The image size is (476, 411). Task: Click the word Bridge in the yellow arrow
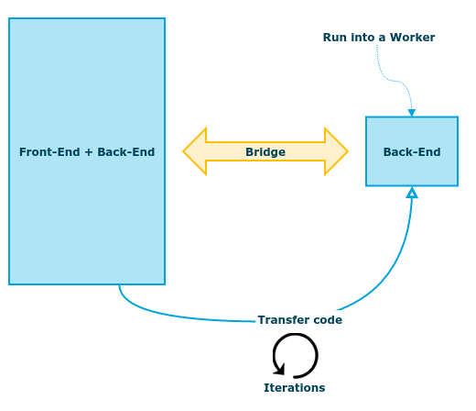[265, 152]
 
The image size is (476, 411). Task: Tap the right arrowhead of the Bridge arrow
[336, 151]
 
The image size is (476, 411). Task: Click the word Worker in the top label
[413, 38]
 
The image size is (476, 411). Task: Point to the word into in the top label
[363, 38]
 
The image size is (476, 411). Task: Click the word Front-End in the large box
[49, 152]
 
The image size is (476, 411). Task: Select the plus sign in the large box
[89, 152]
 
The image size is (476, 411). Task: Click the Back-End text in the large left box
[126, 152]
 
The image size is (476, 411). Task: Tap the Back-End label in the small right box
[412, 152]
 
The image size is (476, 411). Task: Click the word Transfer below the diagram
[281, 320]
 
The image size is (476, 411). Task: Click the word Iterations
[295, 388]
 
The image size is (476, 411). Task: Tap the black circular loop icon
[317, 356]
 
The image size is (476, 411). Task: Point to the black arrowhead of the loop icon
[279, 369]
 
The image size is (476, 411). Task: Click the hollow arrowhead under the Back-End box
[412, 193]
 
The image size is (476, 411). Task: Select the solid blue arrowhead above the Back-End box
[412, 113]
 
